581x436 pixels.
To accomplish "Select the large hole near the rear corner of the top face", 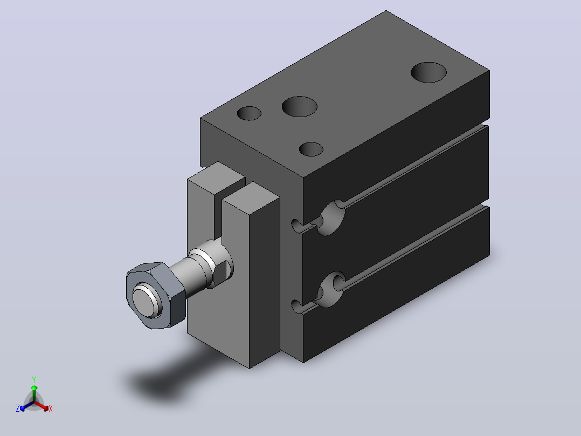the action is pos(428,72).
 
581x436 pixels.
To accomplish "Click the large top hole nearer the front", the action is pos(300,106).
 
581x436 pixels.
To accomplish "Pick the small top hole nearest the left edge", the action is pos(249,113).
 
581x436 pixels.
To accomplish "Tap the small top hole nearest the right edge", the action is pos(312,149).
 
